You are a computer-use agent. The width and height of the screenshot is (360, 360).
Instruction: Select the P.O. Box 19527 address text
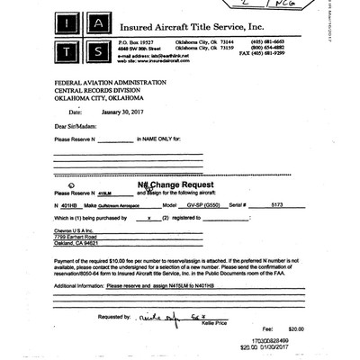coord(137,41)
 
